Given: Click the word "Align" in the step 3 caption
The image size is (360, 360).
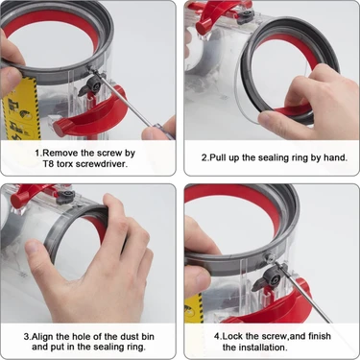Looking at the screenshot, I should pos(48,336).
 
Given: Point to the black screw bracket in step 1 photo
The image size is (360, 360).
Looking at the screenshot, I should pos(93,88).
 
